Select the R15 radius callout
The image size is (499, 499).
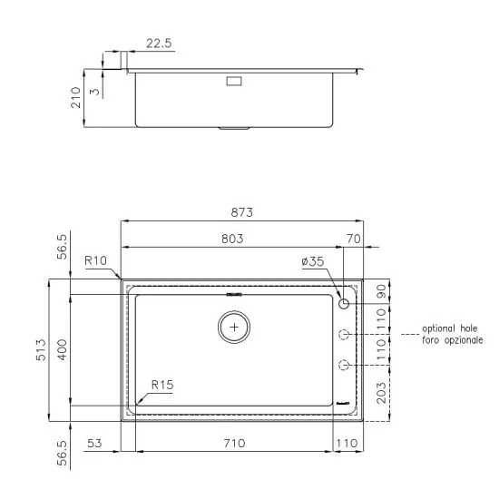tap(161, 385)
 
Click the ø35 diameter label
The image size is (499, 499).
tap(312, 263)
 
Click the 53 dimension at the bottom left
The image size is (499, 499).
tap(94, 445)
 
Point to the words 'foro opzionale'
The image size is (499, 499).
tap(452, 340)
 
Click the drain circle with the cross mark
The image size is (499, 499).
tap(235, 326)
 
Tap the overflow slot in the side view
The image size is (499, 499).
tap(233, 81)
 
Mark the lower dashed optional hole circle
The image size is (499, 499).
tap(344, 366)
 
